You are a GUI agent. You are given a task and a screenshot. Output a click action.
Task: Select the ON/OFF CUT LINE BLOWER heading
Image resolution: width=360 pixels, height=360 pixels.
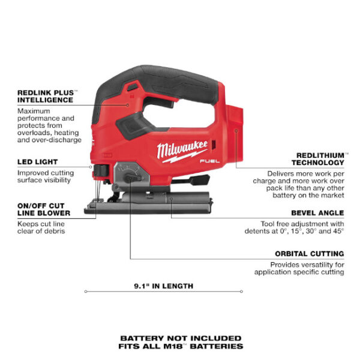(44, 209)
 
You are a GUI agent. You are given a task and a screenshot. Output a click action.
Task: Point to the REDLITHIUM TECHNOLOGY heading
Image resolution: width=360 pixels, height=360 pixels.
(318, 158)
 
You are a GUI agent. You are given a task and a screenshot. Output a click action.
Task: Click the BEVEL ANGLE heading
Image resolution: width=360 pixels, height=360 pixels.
(317, 212)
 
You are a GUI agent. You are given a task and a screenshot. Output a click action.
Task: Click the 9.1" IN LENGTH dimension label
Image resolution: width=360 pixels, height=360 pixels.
(163, 286)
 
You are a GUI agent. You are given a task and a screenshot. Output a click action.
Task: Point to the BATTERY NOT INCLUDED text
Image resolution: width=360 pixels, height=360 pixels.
(181, 338)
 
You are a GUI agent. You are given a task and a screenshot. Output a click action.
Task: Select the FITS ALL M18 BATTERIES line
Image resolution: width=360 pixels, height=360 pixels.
(181, 347)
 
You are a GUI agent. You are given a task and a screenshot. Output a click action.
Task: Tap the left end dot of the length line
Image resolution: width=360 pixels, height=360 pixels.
(85, 292)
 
